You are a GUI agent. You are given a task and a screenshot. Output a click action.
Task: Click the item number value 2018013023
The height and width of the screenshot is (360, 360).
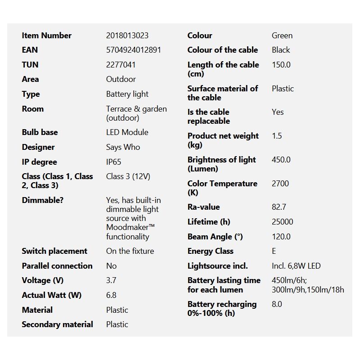tap(127, 36)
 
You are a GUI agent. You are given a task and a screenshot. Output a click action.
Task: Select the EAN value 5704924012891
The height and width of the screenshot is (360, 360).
tap(133, 50)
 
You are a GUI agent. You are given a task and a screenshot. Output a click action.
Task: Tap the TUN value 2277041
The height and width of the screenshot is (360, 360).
tap(121, 65)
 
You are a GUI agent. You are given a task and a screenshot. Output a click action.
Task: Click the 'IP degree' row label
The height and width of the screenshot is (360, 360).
tap(39, 162)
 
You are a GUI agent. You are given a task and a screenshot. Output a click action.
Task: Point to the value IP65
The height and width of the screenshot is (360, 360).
tap(113, 162)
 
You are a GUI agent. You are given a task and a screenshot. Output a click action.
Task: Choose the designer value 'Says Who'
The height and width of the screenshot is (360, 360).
tap(123, 147)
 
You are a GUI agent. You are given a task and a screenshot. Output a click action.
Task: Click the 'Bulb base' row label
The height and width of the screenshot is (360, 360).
tap(40, 132)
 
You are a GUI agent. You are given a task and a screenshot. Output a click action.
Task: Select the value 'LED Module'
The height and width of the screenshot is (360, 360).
tap(127, 132)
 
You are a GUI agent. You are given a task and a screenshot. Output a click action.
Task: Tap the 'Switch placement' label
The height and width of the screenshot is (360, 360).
tap(54, 251)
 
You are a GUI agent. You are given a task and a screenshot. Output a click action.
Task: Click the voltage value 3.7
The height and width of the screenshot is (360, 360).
tap(111, 280)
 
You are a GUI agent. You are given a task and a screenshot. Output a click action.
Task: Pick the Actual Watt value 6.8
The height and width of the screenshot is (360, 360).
tap(111, 295)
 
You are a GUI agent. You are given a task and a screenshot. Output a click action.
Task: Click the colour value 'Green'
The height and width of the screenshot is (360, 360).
tap(282, 36)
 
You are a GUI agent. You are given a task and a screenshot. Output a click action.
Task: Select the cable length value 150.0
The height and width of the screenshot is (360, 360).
tap(281, 65)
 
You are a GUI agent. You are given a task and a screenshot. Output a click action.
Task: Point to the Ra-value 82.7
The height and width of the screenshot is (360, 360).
tap(279, 207)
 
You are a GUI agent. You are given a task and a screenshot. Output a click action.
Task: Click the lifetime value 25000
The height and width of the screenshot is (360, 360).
tap(283, 222)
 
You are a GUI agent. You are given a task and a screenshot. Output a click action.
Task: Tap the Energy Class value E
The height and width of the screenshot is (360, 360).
tap(274, 251)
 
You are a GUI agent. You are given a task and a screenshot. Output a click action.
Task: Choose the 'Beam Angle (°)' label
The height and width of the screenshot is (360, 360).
tap(215, 237)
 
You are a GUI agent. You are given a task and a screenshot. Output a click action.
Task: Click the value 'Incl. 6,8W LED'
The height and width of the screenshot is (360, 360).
tap(296, 266)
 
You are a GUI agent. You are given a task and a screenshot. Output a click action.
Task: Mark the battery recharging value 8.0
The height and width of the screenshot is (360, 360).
tap(277, 304)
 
